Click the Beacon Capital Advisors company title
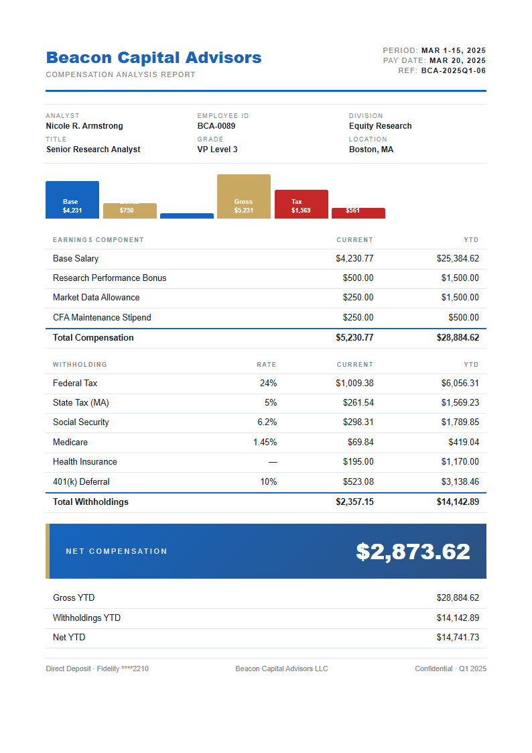tap(153, 58)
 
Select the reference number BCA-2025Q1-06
tap(454, 70)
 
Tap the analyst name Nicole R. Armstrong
tap(84, 126)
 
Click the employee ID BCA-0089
tap(216, 126)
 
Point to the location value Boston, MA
tap(371, 150)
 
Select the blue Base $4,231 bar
tap(72, 200)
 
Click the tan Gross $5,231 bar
tap(244, 196)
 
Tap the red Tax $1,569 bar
tap(301, 205)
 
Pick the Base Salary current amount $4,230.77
tap(354, 259)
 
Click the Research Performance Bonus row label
tap(109, 278)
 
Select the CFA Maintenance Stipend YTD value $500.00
tap(464, 318)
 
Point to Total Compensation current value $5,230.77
tap(354, 338)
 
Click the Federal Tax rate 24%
tap(268, 384)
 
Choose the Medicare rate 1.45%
tap(265, 443)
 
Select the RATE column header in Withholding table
tap(267, 365)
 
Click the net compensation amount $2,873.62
tap(413, 552)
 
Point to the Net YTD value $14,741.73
tap(458, 638)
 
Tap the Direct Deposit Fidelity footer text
tap(97, 669)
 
